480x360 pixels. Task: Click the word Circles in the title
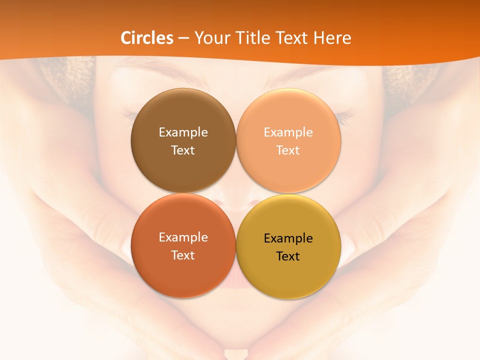click(147, 38)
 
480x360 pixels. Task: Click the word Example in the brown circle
click(183, 132)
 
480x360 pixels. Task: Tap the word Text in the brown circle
click(183, 150)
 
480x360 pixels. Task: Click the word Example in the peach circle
click(288, 132)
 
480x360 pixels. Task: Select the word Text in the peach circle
click(288, 150)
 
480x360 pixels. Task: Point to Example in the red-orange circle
click(183, 237)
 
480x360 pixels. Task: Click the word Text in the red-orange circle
click(183, 255)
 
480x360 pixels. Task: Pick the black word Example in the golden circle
click(288, 238)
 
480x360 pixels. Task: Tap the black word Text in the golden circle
click(288, 256)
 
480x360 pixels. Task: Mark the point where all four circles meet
click(236, 193)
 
